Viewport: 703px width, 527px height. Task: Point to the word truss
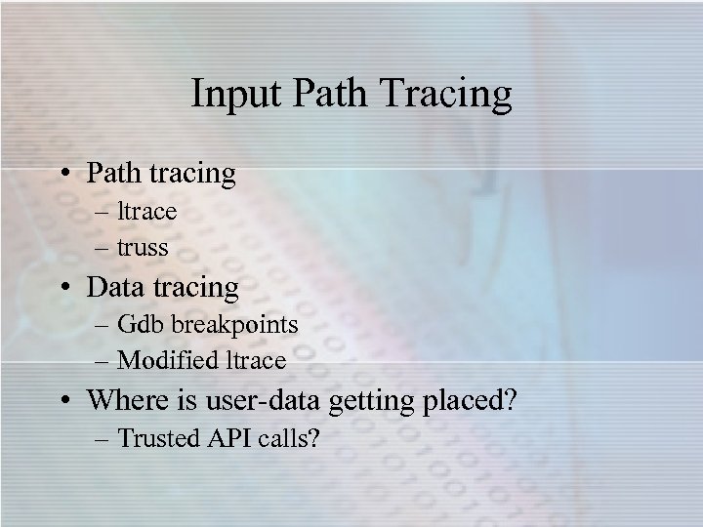pos(143,248)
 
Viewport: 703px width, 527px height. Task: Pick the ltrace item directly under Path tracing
pos(146,211)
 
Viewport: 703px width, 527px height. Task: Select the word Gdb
pos(140,324)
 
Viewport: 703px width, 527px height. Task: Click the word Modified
pos(169,361)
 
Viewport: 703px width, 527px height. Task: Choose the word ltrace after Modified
pos(256,361)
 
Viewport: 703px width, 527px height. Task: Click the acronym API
pos(227,437)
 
